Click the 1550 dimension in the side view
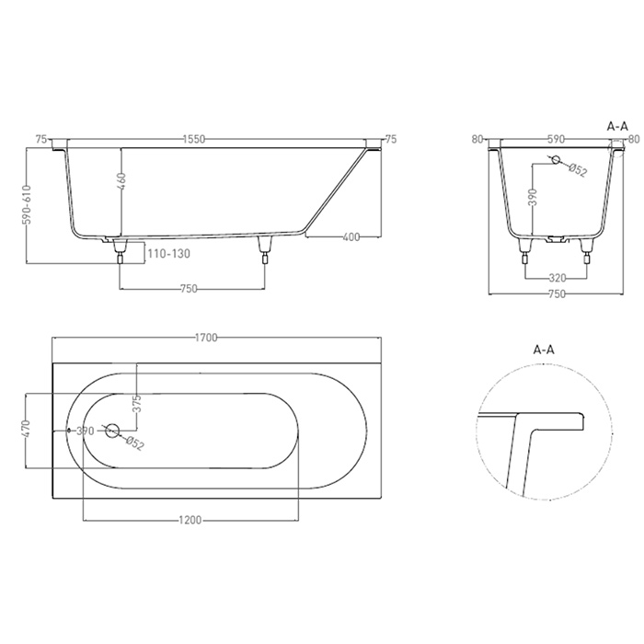194,139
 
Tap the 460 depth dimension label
121,181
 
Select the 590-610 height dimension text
27,205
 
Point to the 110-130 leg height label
168,253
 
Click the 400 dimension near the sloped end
351,237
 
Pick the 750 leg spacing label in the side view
189,289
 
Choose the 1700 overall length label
206,338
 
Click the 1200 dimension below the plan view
190,521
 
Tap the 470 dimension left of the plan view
27,430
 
